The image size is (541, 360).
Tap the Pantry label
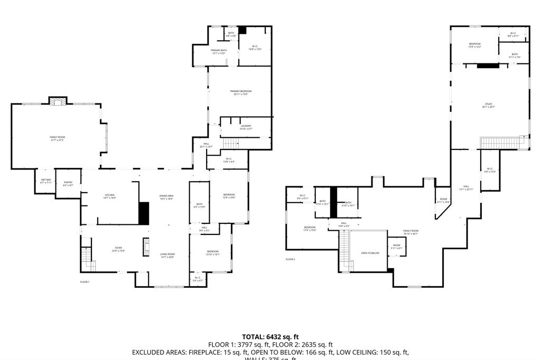pyautogui.click(x=68, y=184)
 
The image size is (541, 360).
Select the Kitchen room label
pyautogui.click(x=109, y=196)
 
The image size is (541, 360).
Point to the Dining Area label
pyautogui.click(x=167, y=197)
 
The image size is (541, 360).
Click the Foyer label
pyautogui.click(x=118, y=249)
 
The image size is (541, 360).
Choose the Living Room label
pyautogui.click(x=167, y=255)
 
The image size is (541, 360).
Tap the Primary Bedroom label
pyautogui.click(x=240, y=92)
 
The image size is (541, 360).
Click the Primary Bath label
pyautogui.click(x=219, y=52)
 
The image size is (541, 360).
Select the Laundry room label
pyautogui.click(x=246, y=127)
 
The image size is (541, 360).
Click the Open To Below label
pyautogui.click(x=370, y=253)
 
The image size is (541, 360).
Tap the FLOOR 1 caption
pyautogui.click(x=85, y=282)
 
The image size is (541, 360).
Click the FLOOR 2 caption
pyautogui.click(x=290, y=259)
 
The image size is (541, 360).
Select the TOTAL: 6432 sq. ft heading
pyautogui.click(x=270, y=337)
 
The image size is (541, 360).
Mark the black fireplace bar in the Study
pyautogui.click(x=488, y=66)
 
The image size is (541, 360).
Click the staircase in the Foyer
pyautogui.click(x=87, y=260)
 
